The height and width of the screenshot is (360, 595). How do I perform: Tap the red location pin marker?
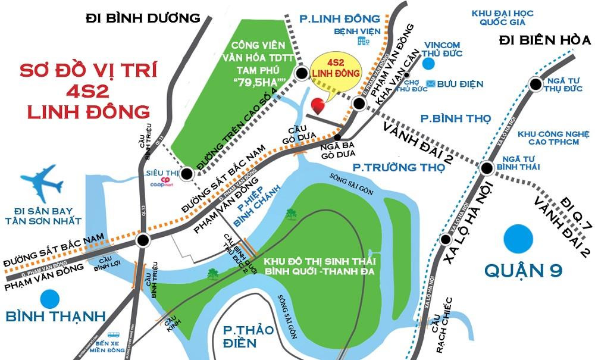pyautogui.click(x=320, y=105)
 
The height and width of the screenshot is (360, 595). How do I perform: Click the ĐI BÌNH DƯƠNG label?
pyautogui.click(x=143, y=17)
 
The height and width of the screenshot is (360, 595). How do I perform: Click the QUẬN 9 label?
pyautogui.click(x=523, y=271)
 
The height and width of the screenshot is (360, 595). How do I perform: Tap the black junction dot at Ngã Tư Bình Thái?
pyautogui.click(x=487, y=168)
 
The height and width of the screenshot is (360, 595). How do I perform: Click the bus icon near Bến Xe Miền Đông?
pyautogui.click(x=113, y=335)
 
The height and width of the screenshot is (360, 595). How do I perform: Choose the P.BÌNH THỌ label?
pyautogui.click(x=455, y=118)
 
